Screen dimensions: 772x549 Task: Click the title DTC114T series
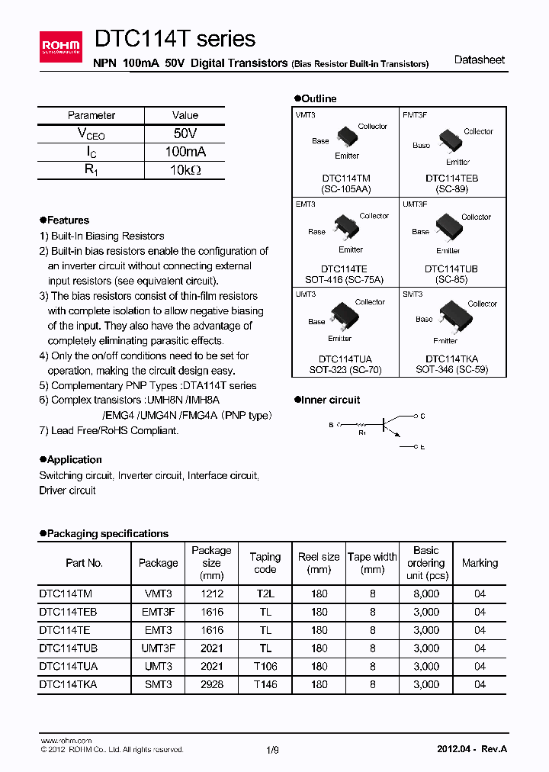coord(175,39)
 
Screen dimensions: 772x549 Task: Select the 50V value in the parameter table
coord(185,133)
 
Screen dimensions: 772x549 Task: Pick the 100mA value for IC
coord(185,152)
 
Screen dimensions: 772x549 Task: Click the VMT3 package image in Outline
coord(347,137)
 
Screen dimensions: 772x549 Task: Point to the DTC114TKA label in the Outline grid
coord(451,359)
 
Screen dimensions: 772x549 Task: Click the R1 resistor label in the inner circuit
coord(362,433)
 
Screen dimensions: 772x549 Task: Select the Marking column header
coord(480,563)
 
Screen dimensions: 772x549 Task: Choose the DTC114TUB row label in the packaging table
coord(68,648)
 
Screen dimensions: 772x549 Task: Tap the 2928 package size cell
coord(211,685)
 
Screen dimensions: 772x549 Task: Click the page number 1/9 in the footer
coord(273,750)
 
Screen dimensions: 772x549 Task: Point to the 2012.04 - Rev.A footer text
coord(472,749)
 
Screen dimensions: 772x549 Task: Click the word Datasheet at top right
coord(479,60)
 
